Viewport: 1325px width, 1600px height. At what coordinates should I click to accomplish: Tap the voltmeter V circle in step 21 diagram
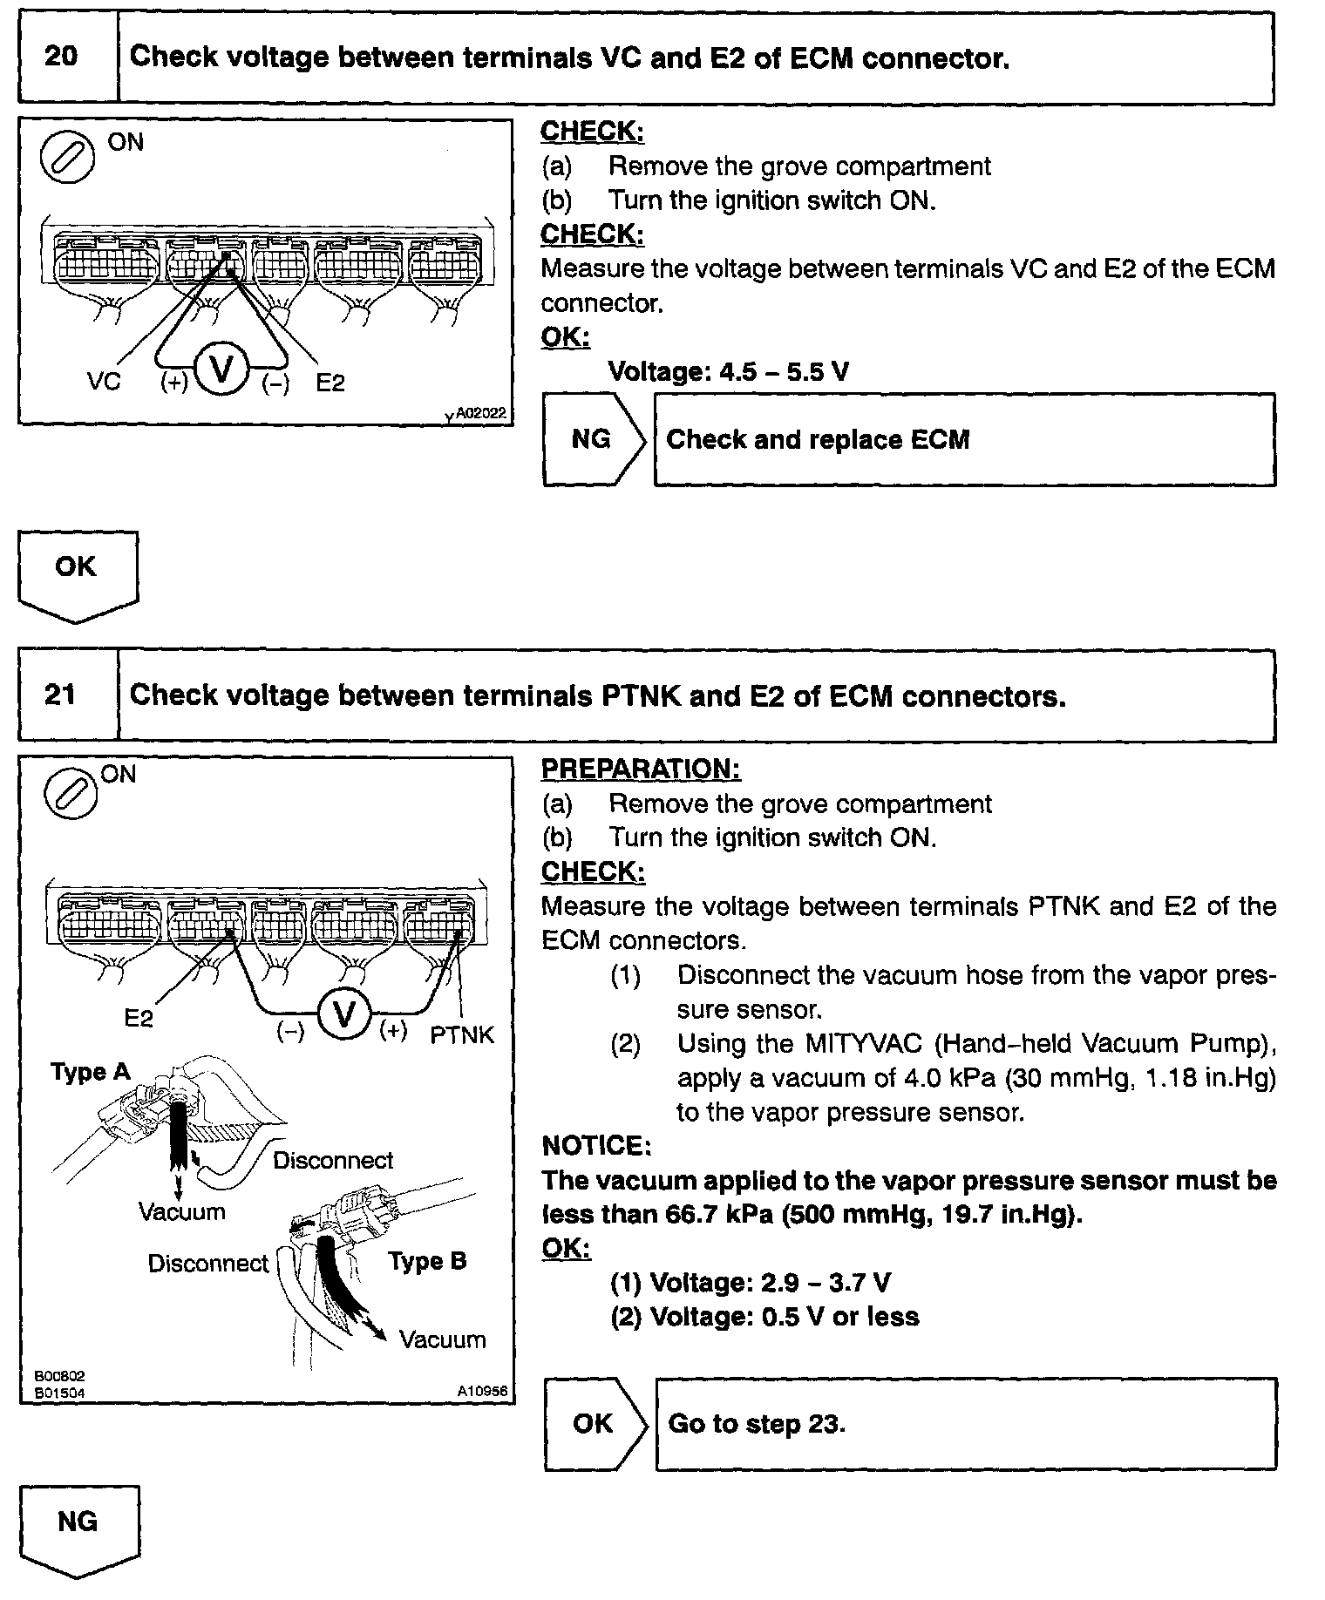click(x=345, y=1015)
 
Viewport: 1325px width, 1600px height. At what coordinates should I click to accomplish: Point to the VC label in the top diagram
click(x=104, y=382)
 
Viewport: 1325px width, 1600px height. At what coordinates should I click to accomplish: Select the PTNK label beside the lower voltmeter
click(x=462, y=1035)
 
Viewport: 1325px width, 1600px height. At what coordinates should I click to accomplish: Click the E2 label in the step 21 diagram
click(x=139, y=1018)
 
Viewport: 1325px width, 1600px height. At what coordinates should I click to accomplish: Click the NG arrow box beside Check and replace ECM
click(x=593, y=439)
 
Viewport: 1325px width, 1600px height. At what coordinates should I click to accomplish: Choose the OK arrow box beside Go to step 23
click(x=594, y=1424)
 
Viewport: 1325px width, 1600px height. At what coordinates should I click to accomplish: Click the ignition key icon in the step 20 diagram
click(x=68, y=158)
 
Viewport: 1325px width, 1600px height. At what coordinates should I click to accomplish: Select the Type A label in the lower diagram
click(x=90, y=1072)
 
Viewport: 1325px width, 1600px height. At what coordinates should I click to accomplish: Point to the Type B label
click(x=427, y=1261)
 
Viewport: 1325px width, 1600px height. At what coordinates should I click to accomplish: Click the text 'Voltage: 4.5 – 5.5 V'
click(x=728, y=372)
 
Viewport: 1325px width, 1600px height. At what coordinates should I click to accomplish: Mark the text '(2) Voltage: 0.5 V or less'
click(x=764, y=1316)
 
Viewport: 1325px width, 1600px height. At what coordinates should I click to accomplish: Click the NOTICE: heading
click(x=596, y=1145)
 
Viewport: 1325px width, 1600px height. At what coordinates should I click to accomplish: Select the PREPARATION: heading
click(x=641, y=769)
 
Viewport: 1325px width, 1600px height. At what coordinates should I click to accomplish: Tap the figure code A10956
click(x=482, y=1392)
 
